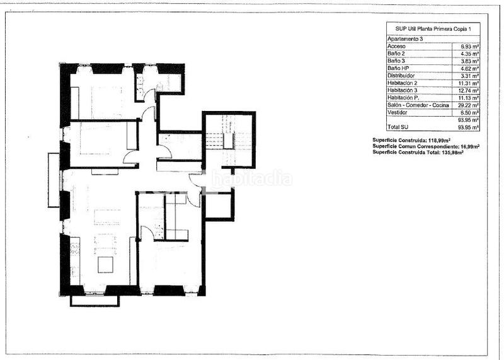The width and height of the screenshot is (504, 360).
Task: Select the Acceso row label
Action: click(397, 47)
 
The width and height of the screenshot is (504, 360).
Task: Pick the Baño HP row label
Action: click(399, 68)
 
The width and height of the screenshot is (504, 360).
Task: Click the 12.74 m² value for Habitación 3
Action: click(469, 90)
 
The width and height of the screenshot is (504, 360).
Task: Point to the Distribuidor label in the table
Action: click(401, 76)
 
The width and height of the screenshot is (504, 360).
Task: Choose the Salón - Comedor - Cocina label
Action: click(418, 105)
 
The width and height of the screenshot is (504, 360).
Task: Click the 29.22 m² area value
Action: click(469, 105)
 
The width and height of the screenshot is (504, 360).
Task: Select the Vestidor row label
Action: click(399, 112)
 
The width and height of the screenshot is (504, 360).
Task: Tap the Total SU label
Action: click(399, 127)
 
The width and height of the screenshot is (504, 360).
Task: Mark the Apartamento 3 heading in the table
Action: click(404, 39)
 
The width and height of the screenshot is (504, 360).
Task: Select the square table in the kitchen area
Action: click(105, 264)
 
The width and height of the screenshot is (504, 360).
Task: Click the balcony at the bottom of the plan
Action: click(94, 300)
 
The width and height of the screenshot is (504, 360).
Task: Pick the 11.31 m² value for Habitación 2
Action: click(469, 83)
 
